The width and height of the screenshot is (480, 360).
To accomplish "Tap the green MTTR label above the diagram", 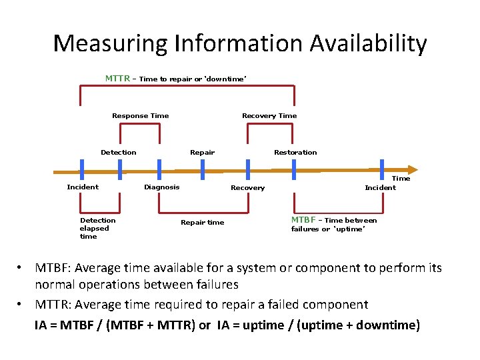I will tap(117, 79).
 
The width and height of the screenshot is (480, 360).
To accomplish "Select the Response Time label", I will tap(140, 116).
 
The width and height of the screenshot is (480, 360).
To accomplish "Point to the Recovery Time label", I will tap(269, 116).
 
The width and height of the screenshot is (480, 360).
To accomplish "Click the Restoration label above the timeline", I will tap(295, 153).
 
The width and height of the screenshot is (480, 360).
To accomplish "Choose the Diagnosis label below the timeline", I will tap(161, 187).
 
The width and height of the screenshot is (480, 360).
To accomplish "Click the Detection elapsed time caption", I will tap(97, 228).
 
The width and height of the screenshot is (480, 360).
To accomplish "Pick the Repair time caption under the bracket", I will tap(203, 223).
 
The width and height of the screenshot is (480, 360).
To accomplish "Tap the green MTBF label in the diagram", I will tap(303, 220).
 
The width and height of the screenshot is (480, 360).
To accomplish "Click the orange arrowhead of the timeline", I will tap(411, 170).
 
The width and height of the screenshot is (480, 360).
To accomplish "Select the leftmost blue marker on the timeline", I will tap(81, 169).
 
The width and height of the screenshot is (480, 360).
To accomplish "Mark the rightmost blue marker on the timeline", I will tap(382, 169).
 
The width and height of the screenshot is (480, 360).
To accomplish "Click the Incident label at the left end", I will tap(83, 187).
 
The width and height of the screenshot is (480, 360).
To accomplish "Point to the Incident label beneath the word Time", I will tap(380, 188).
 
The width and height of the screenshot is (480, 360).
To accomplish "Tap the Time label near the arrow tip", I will tap(401, 179).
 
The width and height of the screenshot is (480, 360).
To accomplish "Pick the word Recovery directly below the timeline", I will tap(247, 188).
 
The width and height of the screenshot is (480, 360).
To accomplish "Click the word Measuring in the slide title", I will tap(109, 44).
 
